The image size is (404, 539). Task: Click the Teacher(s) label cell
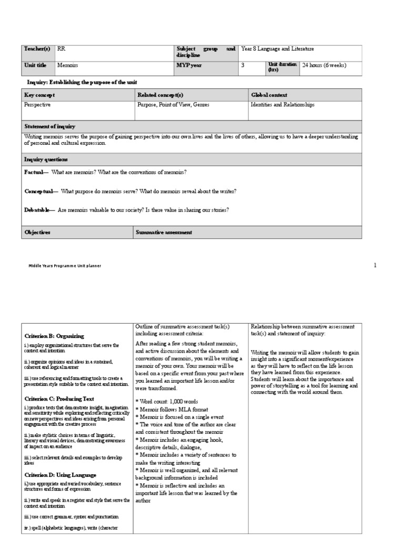pos(37,49)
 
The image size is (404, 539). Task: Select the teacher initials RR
pos(62,49)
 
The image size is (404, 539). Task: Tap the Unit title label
pos(35,65)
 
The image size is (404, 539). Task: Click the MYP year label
pos(189,65)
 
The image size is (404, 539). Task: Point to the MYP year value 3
pos(243,65)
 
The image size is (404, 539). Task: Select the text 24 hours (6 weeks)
pos(324,65)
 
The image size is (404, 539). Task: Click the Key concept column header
pos(39,95)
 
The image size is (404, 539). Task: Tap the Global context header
pos(269,95)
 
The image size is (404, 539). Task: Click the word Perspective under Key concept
pos(38,105)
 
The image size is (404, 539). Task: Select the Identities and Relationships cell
pos(282,105)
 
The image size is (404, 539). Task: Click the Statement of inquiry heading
pos(50,126)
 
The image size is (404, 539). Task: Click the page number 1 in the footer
pos(375,265)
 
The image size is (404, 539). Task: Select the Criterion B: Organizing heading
pos(54,336)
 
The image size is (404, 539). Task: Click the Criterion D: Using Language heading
pos(60,475)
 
